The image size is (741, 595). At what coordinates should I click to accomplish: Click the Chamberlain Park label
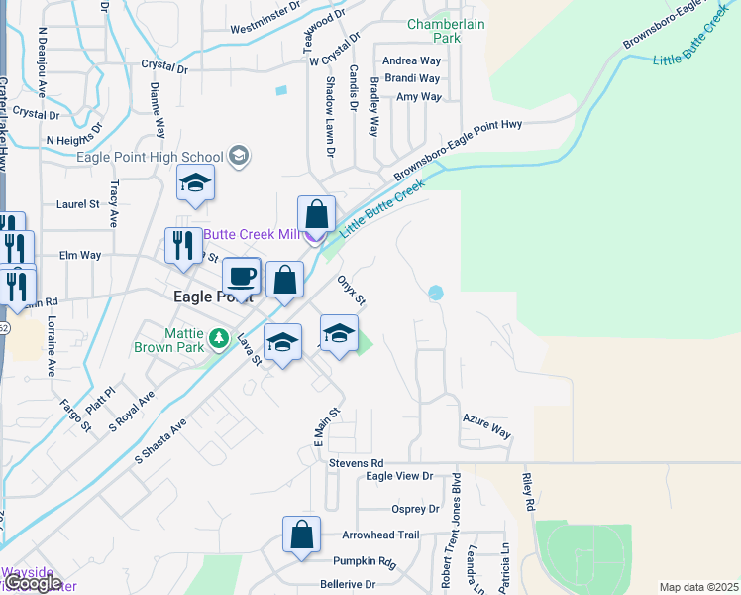tap(448, 30)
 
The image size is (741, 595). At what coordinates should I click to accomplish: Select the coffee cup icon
tap(241, 276)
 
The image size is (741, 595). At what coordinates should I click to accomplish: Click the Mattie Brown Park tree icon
tap(218, 342)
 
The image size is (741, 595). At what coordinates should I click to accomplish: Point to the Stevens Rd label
tap(357, 463)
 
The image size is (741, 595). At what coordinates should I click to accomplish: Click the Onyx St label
tap(353, 291)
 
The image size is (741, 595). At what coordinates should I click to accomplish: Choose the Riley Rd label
tap(529, 492)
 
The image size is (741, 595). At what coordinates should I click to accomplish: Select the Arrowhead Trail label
tap(380, 535)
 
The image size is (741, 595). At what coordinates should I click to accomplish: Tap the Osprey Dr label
tap(415, 510)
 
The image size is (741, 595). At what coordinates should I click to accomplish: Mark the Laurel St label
tap(79, 204)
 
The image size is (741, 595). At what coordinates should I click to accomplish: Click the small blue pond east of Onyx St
tap(435, 293)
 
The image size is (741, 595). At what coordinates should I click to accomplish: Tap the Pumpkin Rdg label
tap(364, 562)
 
